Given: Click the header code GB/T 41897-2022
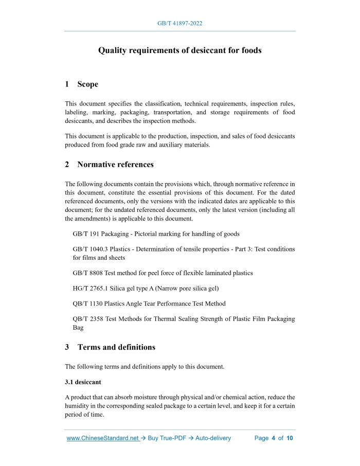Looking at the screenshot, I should [x=179, y=24].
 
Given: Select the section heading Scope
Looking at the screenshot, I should [x=87, y=84].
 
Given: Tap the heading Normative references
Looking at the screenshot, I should [x=115, y=165].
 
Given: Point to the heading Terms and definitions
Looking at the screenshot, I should [x=116, y=347].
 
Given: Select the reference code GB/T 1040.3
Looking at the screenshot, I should [x=90, y=249].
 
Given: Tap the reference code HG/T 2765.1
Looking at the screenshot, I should [x=90, y=289].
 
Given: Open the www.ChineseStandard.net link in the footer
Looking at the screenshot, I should [x=103, y=438].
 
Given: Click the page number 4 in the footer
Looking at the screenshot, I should [x=274, y=438].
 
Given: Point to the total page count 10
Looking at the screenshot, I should [x=290, y=438].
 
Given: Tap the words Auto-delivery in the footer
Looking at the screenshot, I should [x=211, y=438].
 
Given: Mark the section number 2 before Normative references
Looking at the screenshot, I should [x=67, y=165].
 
